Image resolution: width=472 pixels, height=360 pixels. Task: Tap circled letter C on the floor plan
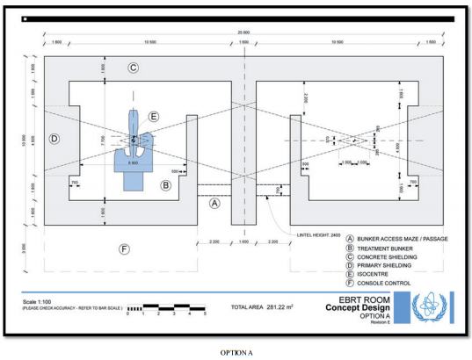134,68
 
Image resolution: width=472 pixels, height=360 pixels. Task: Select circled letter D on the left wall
54,139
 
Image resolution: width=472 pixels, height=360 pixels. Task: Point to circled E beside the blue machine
154,116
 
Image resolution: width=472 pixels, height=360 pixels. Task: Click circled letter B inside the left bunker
164,185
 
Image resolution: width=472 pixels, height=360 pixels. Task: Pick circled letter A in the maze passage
214,202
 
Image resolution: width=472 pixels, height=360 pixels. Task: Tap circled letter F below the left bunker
125,249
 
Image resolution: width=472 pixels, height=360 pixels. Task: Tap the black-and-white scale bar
167,308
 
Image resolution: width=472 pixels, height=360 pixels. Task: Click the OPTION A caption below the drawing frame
237,351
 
